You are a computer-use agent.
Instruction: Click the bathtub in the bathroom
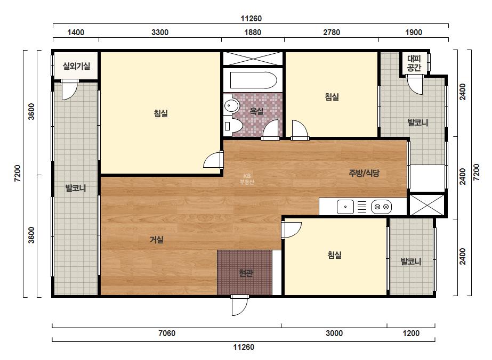(254, 80)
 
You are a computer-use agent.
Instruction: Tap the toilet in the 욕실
(233, 126)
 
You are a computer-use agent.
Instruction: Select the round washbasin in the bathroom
(232, 105)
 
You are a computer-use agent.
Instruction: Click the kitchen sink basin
(345, 207)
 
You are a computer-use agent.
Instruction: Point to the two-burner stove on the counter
(381, 207)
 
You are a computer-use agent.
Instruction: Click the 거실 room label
(157, 240)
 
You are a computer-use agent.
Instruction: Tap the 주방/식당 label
(364, 173)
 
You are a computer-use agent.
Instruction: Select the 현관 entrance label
(246, 273)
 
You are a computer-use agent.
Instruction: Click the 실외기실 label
(76, 66)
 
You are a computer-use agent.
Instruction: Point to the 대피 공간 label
(414, 63)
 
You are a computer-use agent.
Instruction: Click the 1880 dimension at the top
(253, 32)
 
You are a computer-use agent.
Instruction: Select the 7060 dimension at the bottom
(167, 333)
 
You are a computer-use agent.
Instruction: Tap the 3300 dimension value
(160, 32)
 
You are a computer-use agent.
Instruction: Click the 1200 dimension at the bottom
(411, 333)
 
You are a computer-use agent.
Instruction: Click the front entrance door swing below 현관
(240, 306)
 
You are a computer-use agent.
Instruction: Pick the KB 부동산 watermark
(247, 179)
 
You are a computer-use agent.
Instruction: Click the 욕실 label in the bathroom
(257, 111)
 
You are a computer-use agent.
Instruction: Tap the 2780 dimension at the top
(332, 32)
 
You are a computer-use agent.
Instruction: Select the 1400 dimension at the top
(76, 32)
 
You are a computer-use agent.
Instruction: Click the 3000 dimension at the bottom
(334, 333)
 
